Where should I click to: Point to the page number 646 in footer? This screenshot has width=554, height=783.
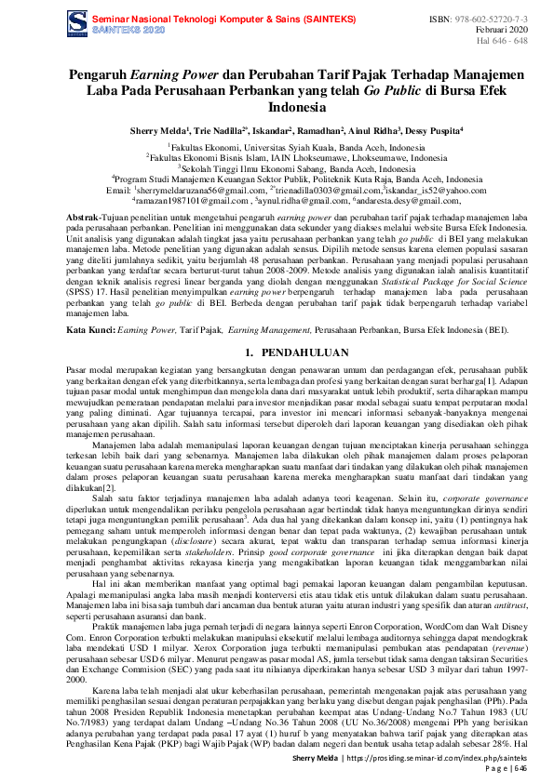[520, 769]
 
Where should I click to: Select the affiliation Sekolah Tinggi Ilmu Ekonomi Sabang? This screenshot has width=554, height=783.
[277, 170]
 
